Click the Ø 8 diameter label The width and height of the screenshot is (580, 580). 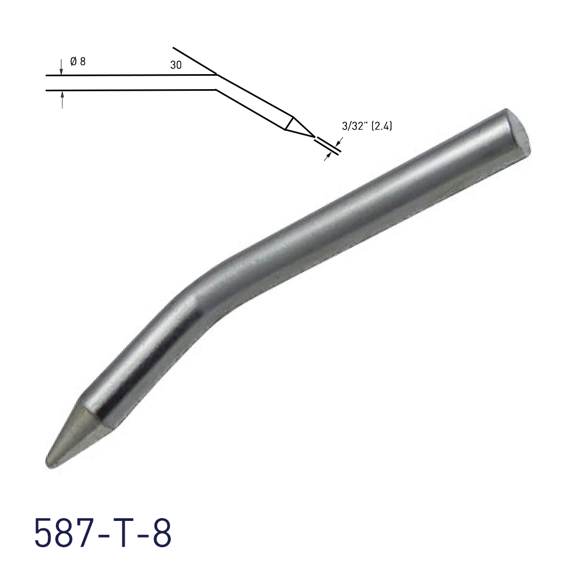(78, 61)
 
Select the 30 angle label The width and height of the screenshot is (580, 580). (176, 66)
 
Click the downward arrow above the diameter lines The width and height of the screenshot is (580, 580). (62, 67)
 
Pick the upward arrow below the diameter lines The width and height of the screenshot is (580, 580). (62, 99)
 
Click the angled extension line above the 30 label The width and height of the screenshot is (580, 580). (193, 60)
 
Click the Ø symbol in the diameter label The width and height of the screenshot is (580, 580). (73, 61)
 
